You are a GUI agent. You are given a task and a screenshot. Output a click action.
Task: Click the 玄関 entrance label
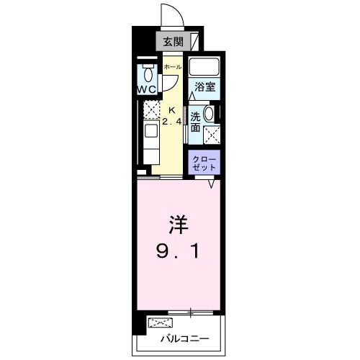[172, 42]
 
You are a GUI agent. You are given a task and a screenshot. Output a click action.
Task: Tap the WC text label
[148, 89]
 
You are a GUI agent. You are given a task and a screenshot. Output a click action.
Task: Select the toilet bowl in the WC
[148, 73]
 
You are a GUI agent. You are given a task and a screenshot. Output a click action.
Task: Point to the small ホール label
[173, 67]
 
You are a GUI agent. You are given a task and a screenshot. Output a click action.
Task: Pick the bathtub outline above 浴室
[204, 67]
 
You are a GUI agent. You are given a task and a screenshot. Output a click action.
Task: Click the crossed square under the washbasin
[212, 133]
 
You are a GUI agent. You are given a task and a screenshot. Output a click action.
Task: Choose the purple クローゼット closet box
[205, 162]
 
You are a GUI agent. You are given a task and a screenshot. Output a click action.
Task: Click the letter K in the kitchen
[171, 109]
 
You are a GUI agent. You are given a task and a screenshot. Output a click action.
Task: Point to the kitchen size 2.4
[171, 122]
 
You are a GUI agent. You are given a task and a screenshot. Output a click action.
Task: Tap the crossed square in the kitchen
[151, 109]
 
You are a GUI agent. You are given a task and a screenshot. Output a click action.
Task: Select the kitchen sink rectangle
[151, 132]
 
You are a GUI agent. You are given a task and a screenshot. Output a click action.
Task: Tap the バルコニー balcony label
[184, 339]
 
